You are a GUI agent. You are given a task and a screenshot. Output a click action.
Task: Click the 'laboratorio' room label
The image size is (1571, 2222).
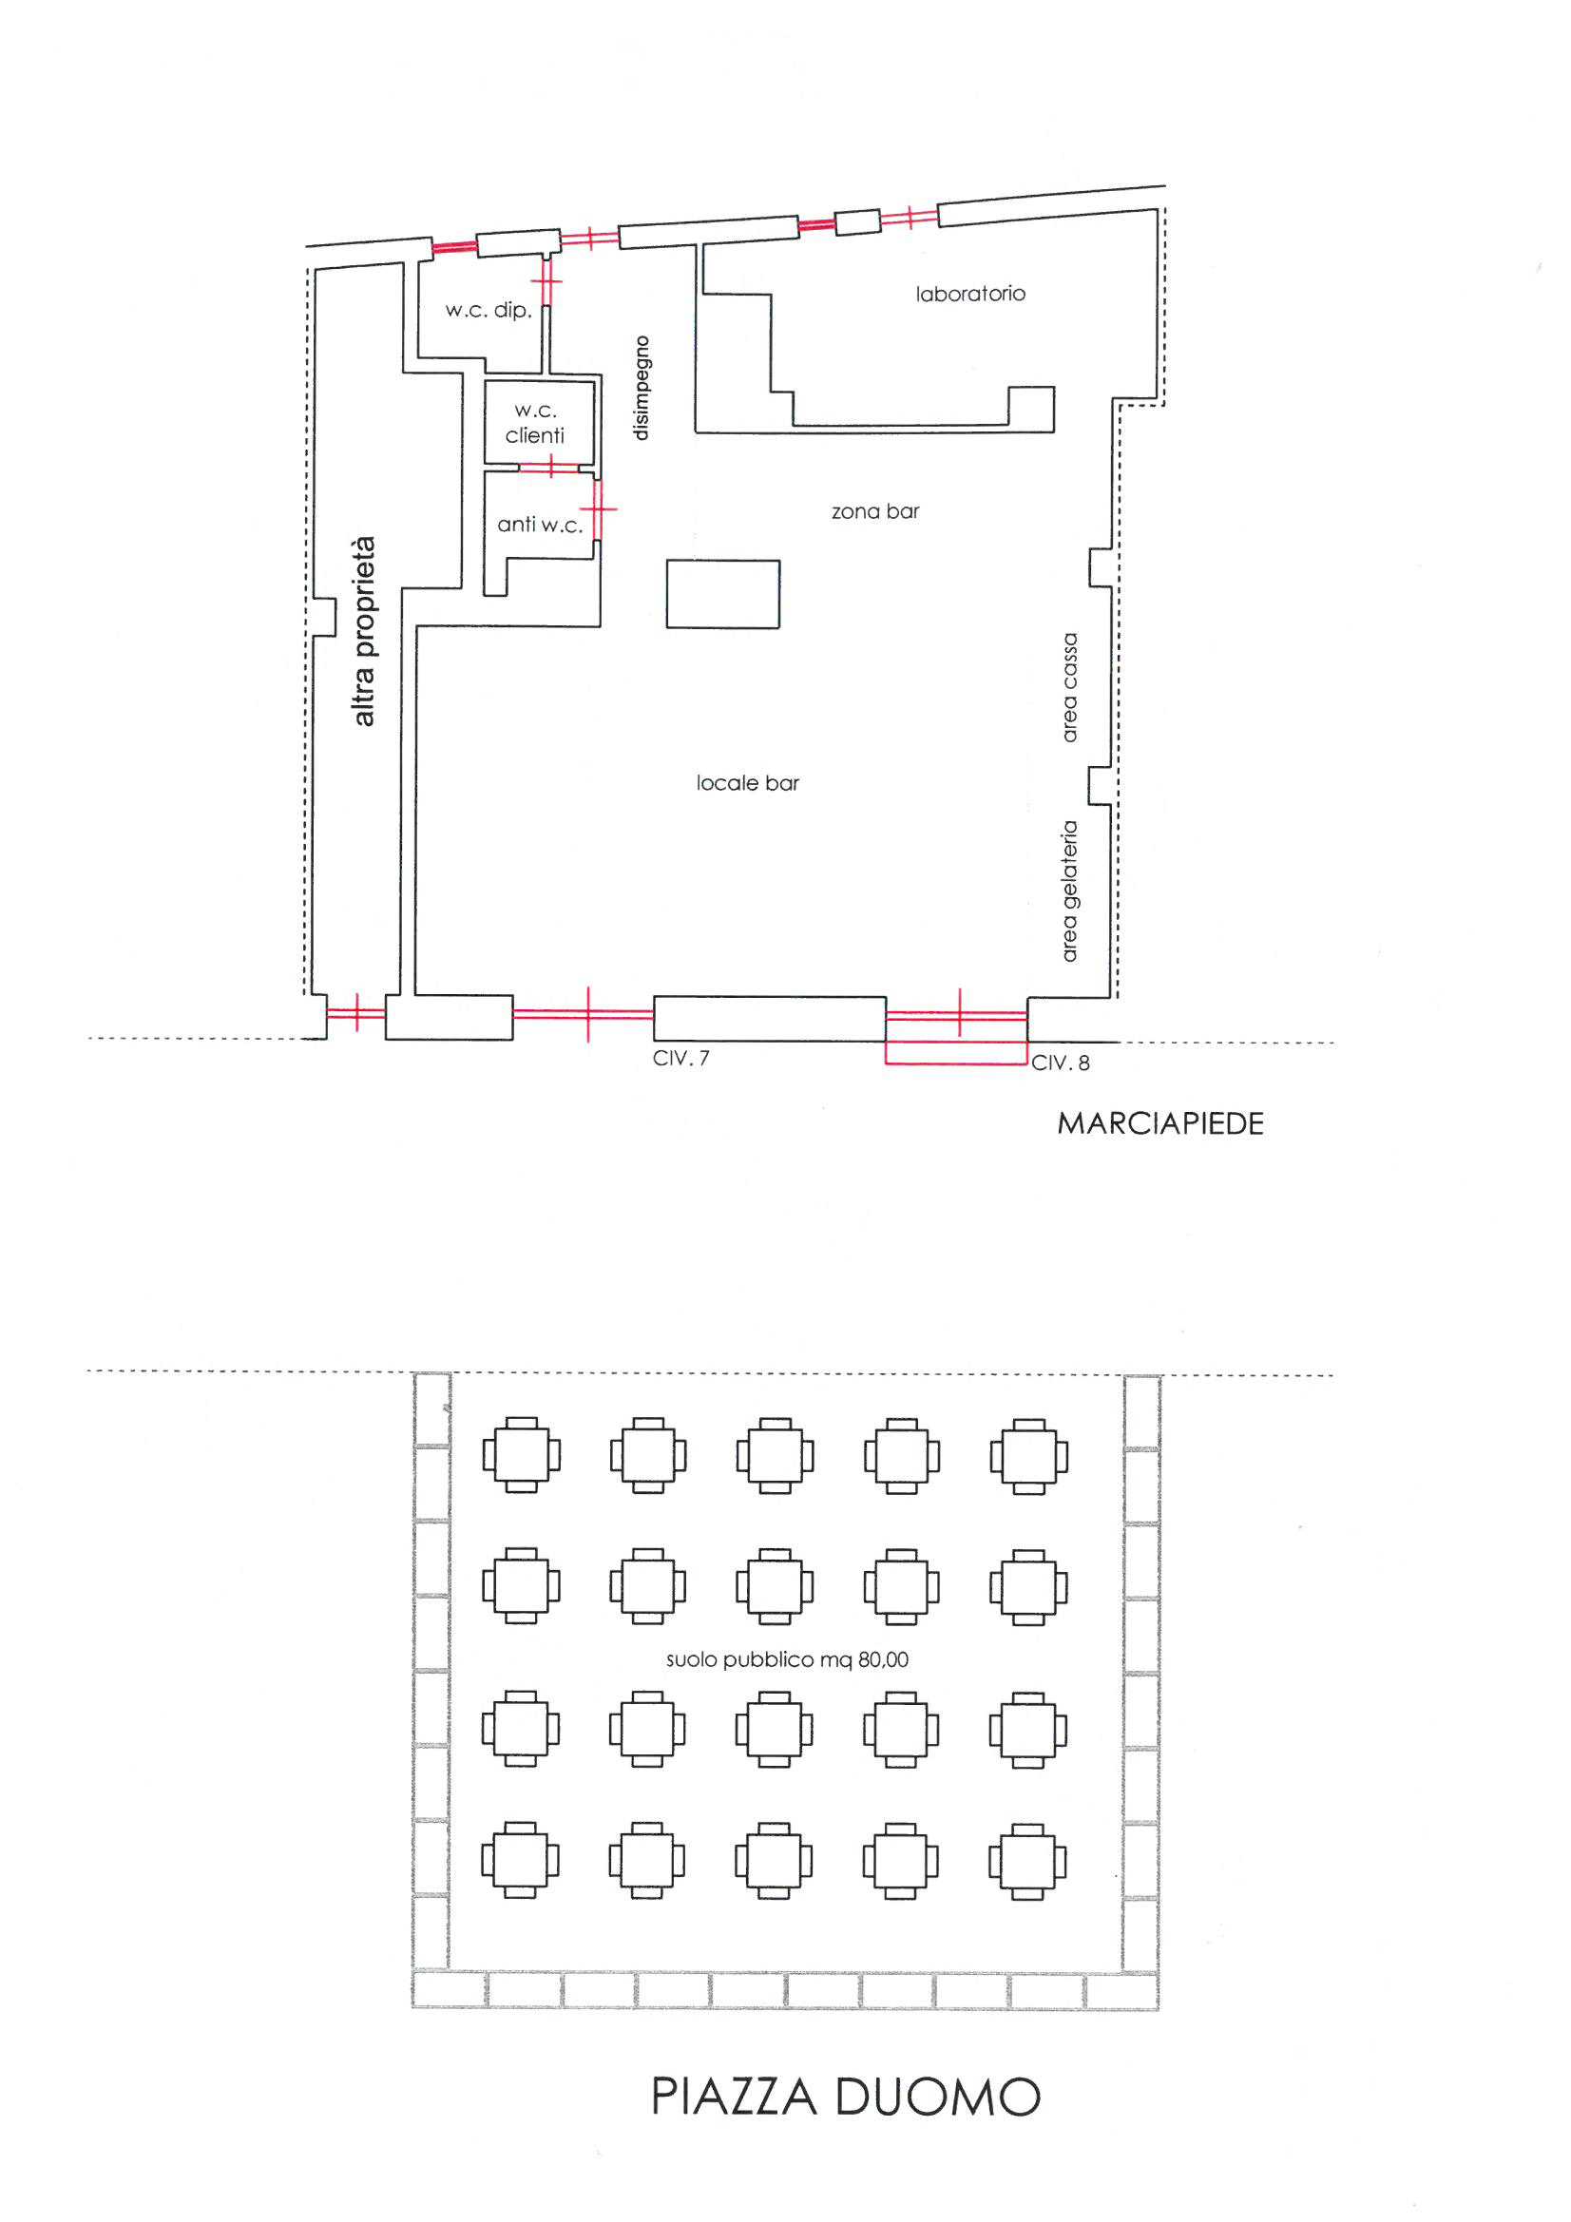pos(970,294)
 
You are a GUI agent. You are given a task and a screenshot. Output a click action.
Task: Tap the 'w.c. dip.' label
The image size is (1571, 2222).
pos(489,310)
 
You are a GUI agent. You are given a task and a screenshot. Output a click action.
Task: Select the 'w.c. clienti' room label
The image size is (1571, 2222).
pos(534,423)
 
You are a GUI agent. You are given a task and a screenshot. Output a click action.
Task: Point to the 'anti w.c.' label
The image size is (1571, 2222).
pos(540,525)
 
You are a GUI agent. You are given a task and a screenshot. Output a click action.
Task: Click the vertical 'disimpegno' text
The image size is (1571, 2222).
pos(641,388)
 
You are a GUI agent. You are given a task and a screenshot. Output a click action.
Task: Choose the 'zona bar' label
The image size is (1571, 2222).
pos(875,511)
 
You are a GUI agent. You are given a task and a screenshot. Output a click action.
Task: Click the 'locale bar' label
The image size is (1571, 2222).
pos(747,783)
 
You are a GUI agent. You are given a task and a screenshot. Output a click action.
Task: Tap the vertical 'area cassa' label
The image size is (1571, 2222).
pos(1069,688)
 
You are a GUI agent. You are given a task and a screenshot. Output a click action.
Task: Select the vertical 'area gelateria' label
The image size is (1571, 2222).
pos(1069,891)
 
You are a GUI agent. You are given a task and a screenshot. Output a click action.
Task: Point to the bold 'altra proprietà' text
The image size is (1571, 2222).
pos(363,631)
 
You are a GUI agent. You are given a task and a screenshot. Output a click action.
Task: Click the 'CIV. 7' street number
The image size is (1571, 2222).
pos(680,1058)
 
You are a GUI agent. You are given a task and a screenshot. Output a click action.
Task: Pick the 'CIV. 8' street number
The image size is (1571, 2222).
pos(1060,1063)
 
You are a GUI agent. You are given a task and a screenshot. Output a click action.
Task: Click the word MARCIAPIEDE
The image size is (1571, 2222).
pos(1160,1123)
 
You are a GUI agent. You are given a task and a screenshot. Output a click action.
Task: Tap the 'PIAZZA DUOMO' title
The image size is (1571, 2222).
pos(846,2097)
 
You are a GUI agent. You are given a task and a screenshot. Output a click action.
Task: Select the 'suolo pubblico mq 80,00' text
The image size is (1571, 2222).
pos(787,1659)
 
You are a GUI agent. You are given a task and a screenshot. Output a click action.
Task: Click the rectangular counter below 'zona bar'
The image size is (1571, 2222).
pos(723,594)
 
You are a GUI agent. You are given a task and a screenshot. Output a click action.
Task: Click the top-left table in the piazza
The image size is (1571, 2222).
pos(522,1454)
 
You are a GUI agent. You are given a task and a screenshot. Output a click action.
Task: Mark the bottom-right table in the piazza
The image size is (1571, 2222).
pos(1028,1862)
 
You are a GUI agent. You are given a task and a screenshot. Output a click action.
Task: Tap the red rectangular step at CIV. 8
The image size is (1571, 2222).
pos(956,1053)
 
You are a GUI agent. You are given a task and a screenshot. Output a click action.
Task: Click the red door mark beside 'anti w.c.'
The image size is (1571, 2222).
pos(598,508)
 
